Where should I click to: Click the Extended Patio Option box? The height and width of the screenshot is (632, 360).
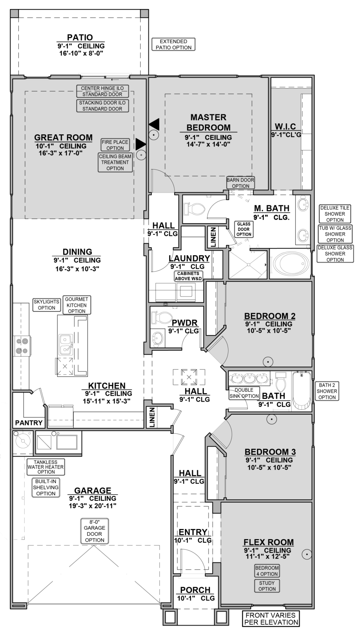click(173, 45)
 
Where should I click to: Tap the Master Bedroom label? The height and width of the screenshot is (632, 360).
click(208, 122)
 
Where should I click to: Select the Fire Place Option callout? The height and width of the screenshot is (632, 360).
click(115, 145)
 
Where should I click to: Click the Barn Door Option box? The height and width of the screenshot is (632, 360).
click(240, 183)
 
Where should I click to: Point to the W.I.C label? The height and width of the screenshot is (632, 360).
click(285, 126)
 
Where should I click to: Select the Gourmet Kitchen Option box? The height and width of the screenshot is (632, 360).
click(77, 305)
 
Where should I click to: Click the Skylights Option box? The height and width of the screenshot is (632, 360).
click(46, 304)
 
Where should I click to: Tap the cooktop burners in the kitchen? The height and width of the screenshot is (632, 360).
click(22, 346)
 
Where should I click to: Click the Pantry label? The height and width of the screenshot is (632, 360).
click(29, 423)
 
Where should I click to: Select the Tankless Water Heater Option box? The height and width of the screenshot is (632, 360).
click(46, 467)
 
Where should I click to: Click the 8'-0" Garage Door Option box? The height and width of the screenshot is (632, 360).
click(95, 531)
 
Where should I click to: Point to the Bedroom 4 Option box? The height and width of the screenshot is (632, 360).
click(267, 571)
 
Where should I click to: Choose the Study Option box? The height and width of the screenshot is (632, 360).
click(267, 586)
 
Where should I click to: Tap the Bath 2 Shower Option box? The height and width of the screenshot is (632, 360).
click(327, 391)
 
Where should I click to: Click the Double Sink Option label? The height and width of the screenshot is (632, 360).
click(244, 393)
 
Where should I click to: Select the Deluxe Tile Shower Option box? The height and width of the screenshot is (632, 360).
click(335, 214)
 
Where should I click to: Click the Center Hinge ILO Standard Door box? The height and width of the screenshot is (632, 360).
click(102, 91)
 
